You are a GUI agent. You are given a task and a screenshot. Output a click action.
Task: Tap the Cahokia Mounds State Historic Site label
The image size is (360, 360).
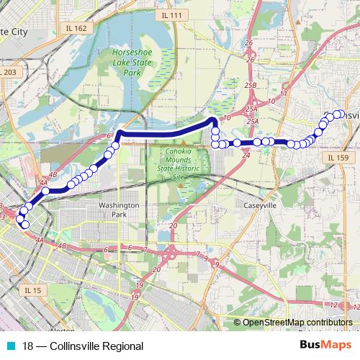coord(176,163)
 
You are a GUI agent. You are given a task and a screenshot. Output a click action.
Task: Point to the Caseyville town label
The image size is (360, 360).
coord(260,206)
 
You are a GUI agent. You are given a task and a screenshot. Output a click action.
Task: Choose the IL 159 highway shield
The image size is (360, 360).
coord(336,158)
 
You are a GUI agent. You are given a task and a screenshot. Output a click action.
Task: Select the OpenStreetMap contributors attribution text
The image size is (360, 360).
coord(297,323)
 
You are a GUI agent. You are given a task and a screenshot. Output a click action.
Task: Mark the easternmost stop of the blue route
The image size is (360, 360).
coord(338,114)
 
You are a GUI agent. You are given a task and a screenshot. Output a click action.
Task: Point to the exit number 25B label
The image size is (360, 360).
coord(251,85)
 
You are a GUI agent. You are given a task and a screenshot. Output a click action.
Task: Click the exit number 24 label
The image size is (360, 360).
coord(246,155)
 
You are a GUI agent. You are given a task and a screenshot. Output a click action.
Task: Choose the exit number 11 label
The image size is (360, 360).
coord(284,94)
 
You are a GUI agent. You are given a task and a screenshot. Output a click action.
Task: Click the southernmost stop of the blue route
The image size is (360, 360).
coord(26,225)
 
